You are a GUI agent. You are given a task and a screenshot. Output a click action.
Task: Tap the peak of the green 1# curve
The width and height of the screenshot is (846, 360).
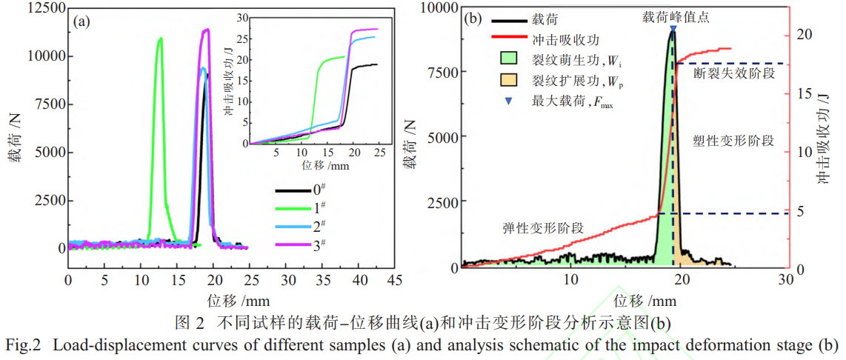[x=160, y=39]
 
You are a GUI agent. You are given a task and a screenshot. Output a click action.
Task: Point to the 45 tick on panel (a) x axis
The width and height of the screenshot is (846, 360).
[x=395, y=281]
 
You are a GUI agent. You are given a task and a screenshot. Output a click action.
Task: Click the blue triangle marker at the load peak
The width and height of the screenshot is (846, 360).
[x=672, y=29]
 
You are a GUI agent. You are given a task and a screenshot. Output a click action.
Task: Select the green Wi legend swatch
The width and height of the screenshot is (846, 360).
[x=509, y=56]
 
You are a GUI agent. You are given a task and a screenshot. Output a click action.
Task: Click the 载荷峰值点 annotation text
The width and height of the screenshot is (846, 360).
[x=675, y=17]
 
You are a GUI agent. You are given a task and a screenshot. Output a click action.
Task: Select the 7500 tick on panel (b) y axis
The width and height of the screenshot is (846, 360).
[x=443, y=72]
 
